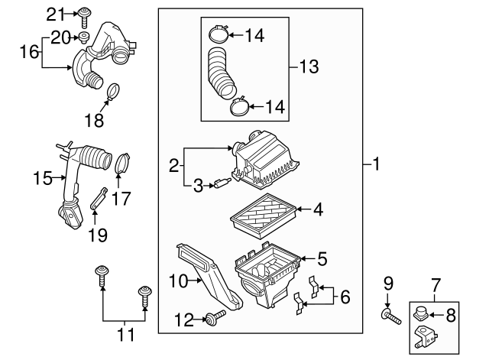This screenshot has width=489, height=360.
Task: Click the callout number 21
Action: pos(57,14)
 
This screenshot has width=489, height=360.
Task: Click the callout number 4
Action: pos(318,208)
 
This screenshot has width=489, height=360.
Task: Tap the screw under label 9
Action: pos(390,313)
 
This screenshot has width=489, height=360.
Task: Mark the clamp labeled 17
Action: pos(122,163)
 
